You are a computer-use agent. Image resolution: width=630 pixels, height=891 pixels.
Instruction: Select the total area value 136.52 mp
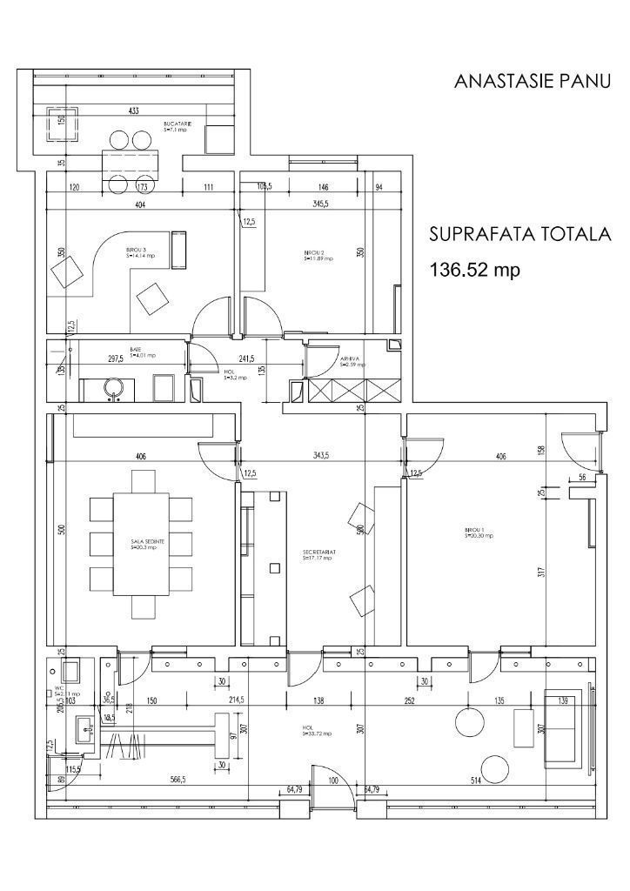pyautogui.click(x=475, y=270)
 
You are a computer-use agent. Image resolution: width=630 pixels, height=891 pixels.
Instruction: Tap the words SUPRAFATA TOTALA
pyautogui.click(x=521, y=235)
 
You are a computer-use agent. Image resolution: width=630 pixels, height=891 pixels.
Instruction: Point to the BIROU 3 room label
pyautogui.click(x=140, y=253)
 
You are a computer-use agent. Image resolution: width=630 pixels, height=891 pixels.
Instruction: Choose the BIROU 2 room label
pyautogui.click(x=316, y=255)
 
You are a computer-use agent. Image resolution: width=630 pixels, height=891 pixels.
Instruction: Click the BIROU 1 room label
pyautogui.click(x=478, y=534)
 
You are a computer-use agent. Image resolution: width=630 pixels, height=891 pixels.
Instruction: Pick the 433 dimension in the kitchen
pyautogui.click(x=134, y=111)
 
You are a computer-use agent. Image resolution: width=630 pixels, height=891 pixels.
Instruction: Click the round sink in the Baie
pyautogui.click(x=114, y=387)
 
